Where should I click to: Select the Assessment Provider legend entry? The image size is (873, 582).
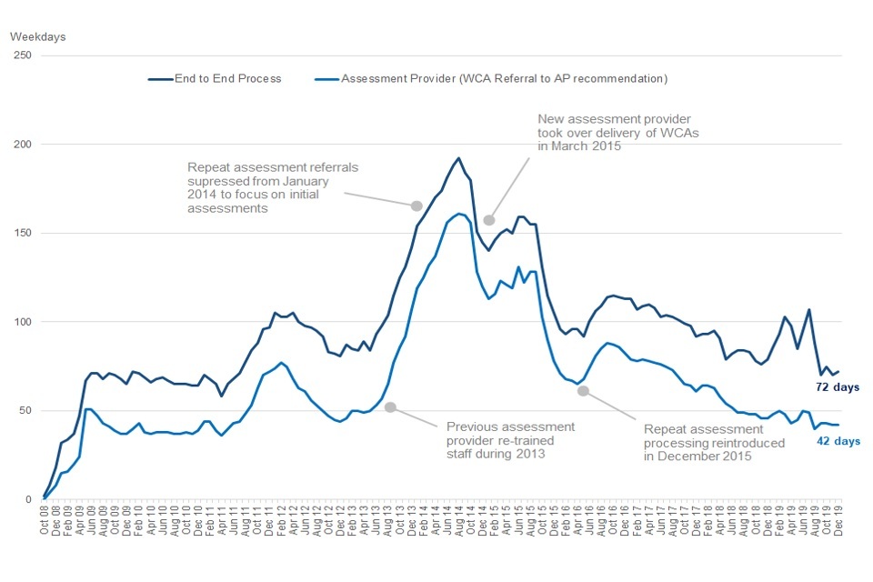505,79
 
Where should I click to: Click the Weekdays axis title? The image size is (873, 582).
38,37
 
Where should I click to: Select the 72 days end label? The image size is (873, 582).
837,387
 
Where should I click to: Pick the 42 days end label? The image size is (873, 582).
837,441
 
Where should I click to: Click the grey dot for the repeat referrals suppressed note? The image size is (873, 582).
416,206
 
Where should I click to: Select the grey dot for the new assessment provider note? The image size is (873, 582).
489,219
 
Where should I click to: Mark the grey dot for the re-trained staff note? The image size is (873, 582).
390,407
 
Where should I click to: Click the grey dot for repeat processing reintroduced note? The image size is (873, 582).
583,391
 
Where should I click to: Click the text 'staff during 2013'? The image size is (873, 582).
495,455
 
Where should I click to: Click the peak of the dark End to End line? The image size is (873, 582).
458,158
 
